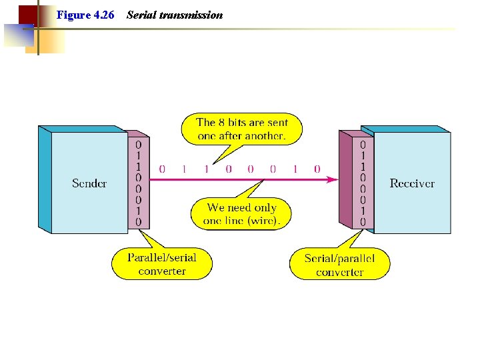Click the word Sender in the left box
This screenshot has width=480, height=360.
[x=89, y=183]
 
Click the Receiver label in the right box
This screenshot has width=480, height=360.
[x=412, y=183]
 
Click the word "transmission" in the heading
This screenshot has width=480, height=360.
[x=191, y=15]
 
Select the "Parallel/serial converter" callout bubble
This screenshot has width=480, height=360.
[x=162, y=264]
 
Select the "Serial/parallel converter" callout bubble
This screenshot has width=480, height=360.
[x=339, y=265]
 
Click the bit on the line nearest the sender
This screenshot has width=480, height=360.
[x=162, y=169]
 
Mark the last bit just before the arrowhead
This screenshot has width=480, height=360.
[x=317, y=169]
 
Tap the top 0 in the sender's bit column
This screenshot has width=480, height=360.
[x=138, y=144]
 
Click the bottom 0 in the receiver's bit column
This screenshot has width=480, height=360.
[x=363, y=222]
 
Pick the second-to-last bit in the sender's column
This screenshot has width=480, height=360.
[x=138, y=211]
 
